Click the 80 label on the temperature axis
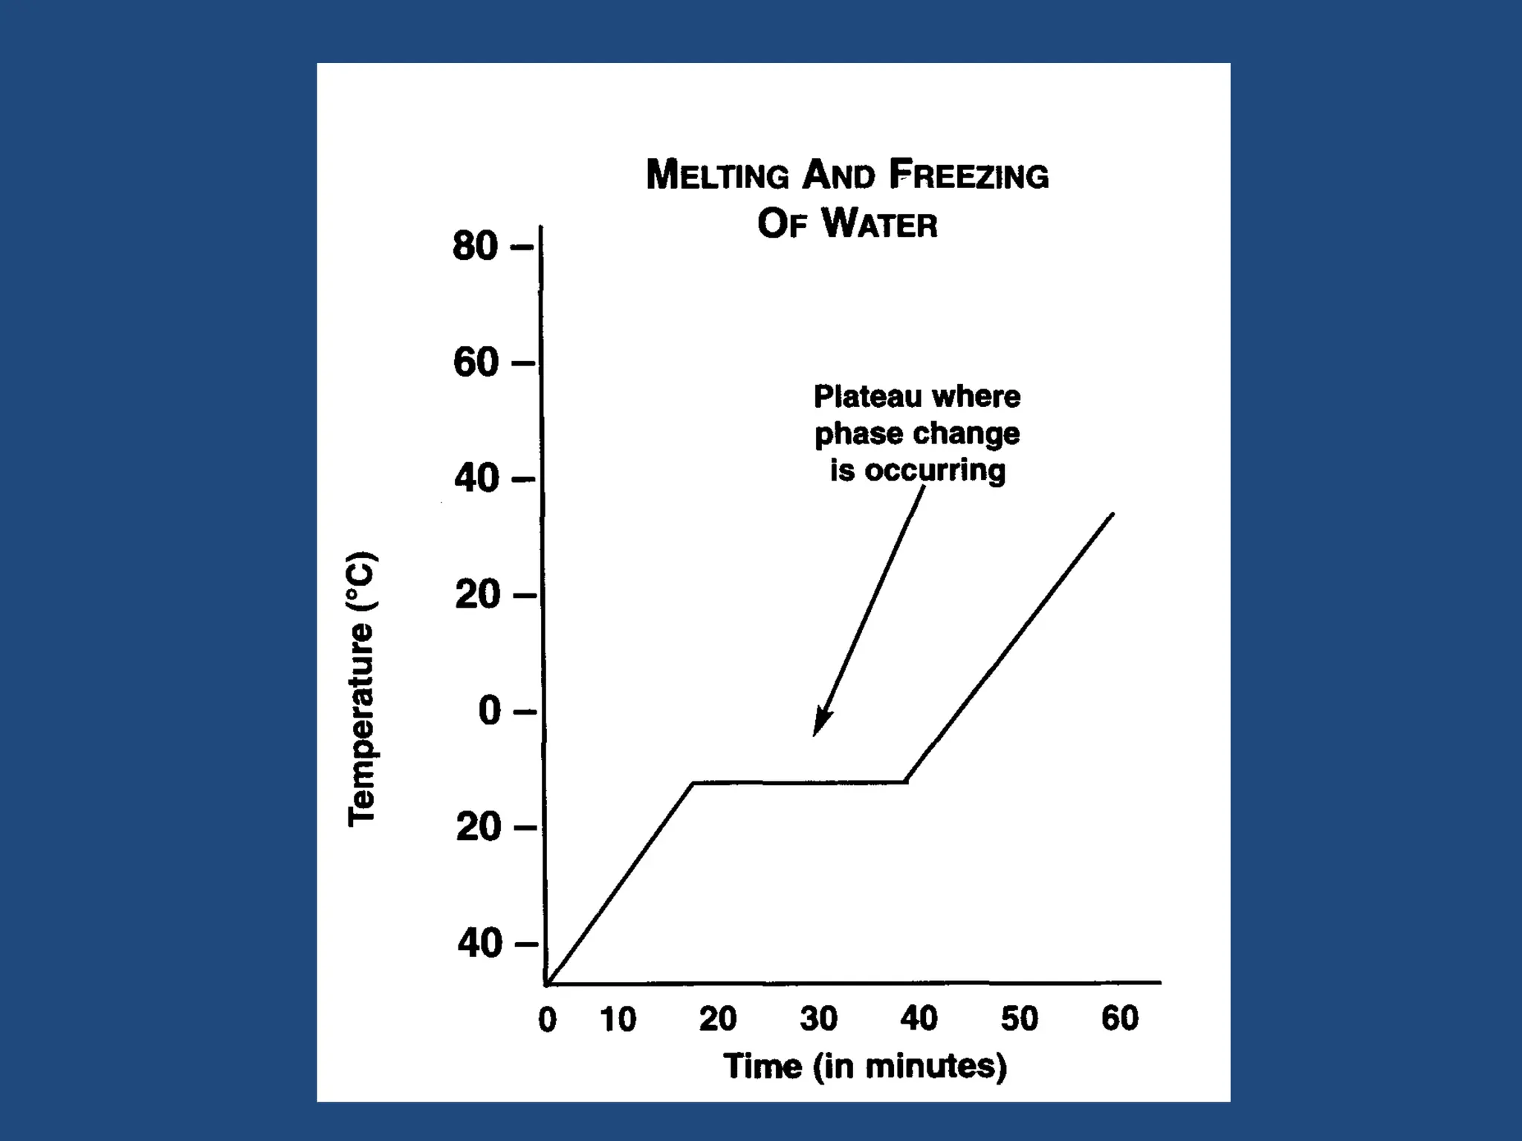coord(475,246)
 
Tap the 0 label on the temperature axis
coord(490,711)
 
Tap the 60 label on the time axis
coord(1119,1018)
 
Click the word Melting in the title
coord(717,175)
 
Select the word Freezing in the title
coord(969,175)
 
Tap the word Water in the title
coord(880,224)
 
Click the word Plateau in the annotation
coord(867,397)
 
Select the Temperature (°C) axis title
coord(362,689)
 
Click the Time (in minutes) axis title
coord(865,1067)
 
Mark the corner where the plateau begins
coord(693,782)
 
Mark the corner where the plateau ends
coord(907,781)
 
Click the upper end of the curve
coord(1112,514)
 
